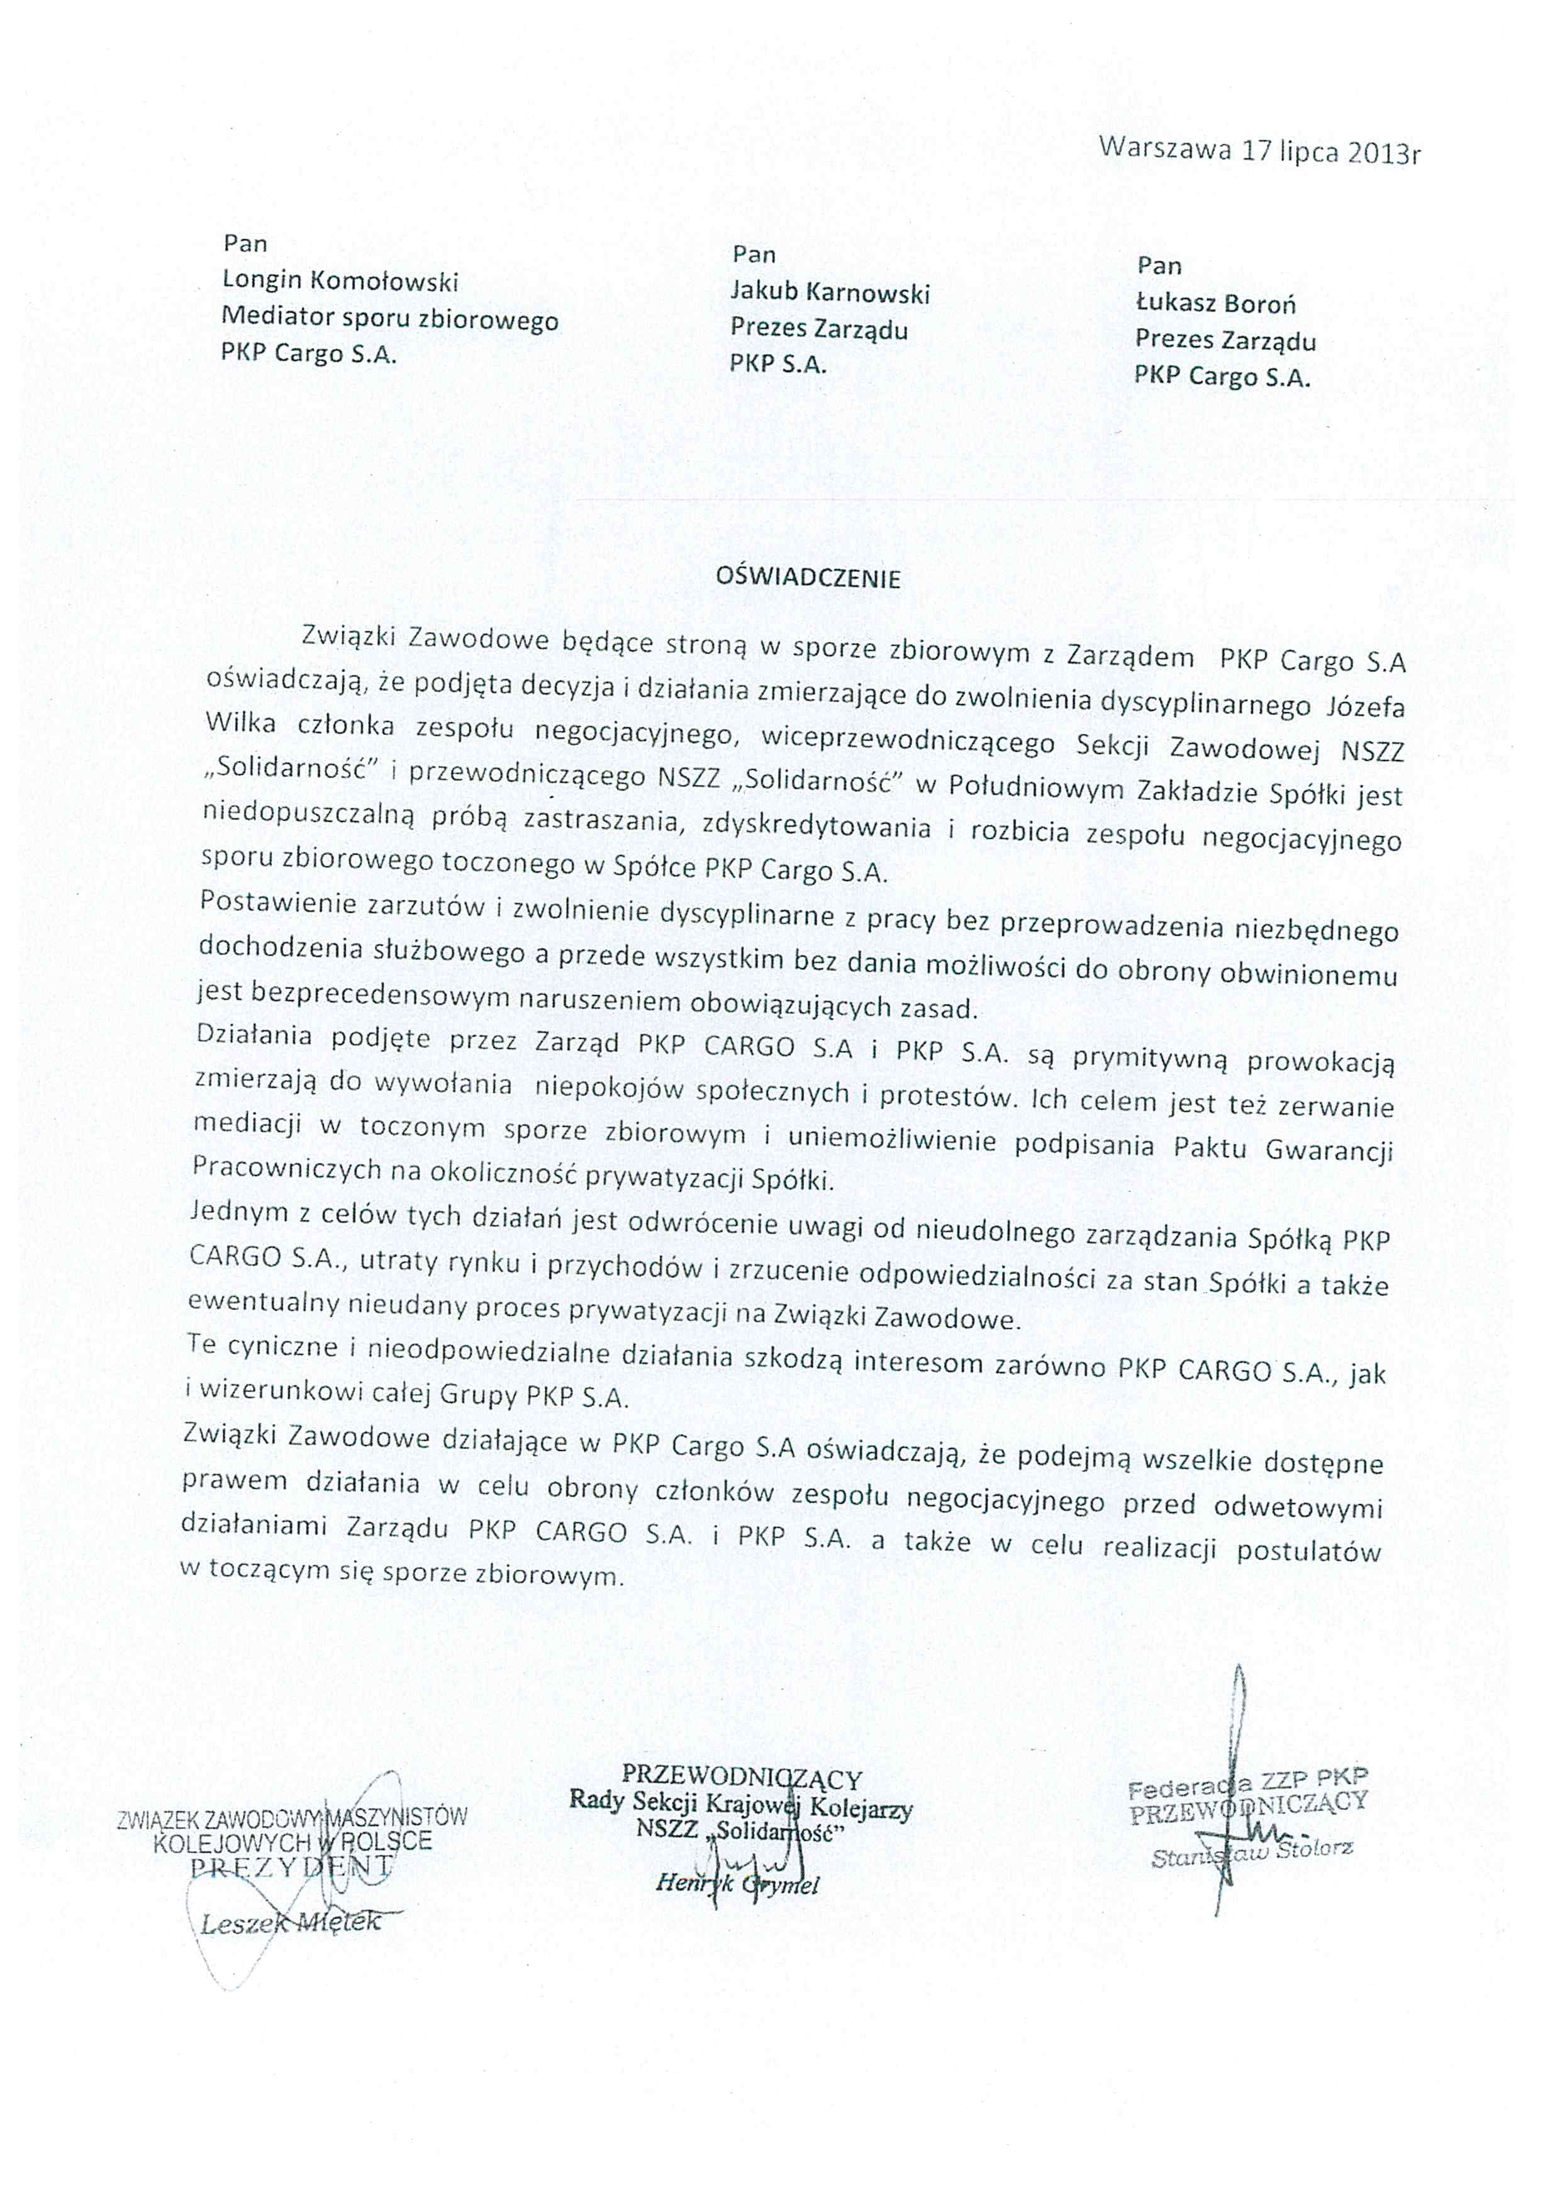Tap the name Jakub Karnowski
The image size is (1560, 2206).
pos(830,291)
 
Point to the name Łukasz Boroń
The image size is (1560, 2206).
pos(1215,304)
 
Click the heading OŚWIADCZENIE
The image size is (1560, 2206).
pos(808,579)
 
